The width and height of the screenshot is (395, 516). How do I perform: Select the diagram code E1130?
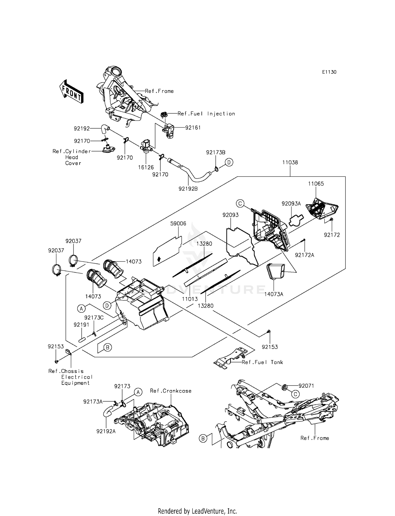coord(329,72)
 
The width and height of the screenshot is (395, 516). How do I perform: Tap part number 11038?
coord(290,163)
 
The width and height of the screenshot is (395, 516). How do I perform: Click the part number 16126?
coord(146,168)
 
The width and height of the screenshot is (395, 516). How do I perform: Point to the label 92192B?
coord(188,189)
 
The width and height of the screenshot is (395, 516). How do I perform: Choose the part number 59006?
coord(178,224)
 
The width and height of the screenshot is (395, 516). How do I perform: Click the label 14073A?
coord(274,294)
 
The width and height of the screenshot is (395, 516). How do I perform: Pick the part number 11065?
coord(316,184)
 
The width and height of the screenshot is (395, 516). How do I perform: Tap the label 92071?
coord(306,386)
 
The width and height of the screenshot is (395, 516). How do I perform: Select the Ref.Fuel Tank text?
coord(262,362)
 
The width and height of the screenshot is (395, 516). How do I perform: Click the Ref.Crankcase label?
coord(171,391)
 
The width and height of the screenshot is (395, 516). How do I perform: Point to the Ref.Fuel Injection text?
coord(206,114)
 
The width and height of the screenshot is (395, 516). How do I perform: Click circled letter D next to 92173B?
coord(229,163)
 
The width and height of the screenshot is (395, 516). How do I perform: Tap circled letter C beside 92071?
coord(295,394)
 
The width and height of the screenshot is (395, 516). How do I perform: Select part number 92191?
coord(82,325)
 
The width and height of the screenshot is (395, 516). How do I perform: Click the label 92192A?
coord(106,431)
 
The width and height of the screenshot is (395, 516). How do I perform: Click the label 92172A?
coord(304,255)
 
